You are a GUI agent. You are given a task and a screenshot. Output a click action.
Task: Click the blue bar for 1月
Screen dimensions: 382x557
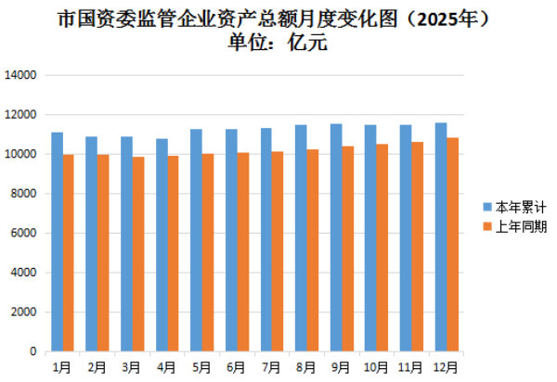(57, 242)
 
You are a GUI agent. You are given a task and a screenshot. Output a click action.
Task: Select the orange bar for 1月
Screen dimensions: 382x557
(68, 253)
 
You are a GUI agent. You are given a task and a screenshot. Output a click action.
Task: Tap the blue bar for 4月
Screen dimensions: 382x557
(162, 245)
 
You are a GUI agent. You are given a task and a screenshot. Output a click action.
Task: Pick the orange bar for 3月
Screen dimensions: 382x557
(138, 254)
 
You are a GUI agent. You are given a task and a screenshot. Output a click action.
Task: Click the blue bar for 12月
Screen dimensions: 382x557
(441, 237)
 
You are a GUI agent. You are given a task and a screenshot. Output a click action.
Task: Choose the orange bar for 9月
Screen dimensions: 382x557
(347, 248)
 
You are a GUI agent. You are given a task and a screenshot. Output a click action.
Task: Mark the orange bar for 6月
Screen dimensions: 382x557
(242, 252)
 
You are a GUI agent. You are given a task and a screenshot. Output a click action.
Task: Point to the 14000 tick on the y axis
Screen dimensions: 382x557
(20, 75)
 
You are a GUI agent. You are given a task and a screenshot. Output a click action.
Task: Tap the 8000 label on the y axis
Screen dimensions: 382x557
(23, 194)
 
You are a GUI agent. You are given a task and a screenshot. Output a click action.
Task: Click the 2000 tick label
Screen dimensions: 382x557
(23, 312)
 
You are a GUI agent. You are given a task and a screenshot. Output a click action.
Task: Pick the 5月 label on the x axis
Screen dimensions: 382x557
(201, 367)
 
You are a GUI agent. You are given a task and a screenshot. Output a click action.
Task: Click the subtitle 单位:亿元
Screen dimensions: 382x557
(278, 41)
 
